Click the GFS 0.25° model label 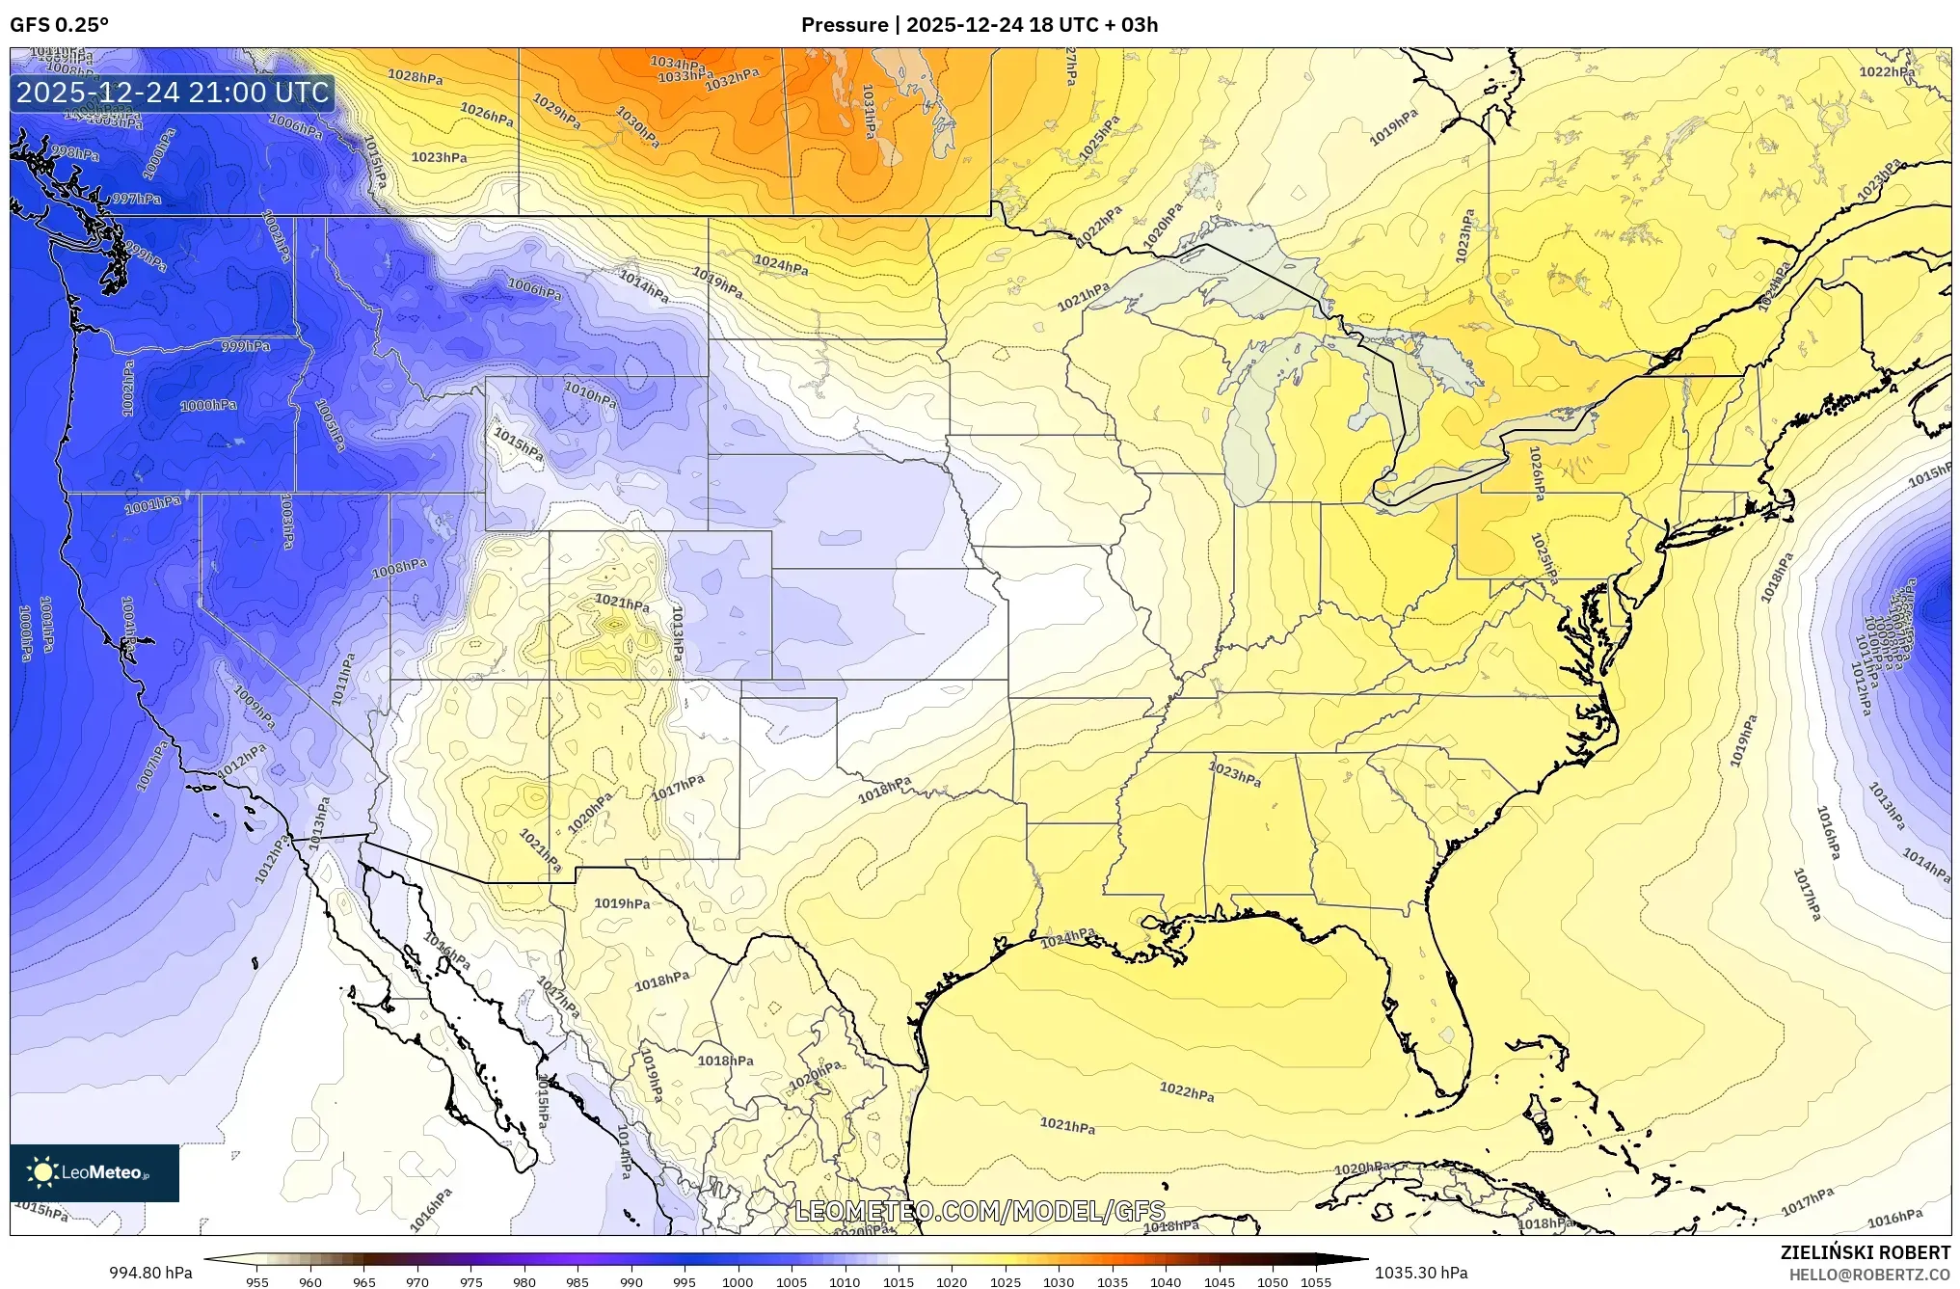[59, 25]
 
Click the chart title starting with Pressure [979, 25]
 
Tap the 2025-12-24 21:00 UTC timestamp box [173, 93]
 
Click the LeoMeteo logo [94, 1172]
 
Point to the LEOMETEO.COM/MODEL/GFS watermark [979, 1211]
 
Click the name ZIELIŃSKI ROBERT [1865, 1252]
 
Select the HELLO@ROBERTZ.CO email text [1869, 1275]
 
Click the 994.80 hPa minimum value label [150, 1273]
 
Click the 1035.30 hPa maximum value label [1421, 1273]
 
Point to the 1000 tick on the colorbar [738, 1282]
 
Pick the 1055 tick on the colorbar [1315, 1282]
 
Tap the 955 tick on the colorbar [256, 1282]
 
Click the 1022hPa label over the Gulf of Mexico [1186, 1092]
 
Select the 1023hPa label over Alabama [1234, 774]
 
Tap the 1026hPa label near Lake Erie [1537, 472]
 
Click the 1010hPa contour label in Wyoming [590, 394]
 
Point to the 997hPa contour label [136, 199]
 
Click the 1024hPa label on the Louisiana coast [1067, 937]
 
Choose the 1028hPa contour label [415, 76]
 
